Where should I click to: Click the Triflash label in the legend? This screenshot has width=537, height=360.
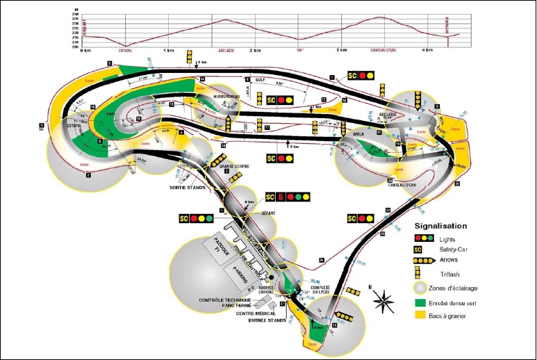tap(452, 274)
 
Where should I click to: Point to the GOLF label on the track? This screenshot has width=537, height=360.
tap(261, 80)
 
